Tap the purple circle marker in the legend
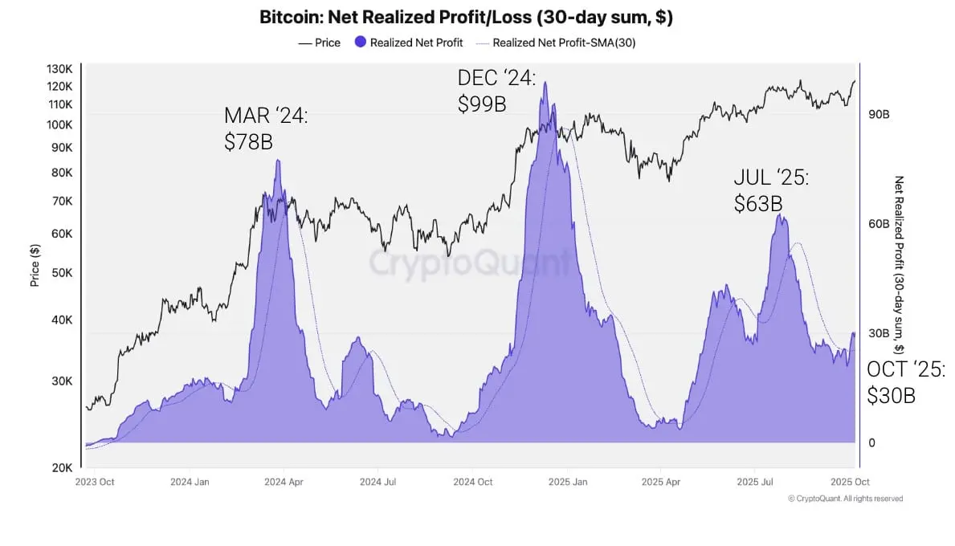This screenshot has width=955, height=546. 361,43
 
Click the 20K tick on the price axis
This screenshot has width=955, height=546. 62,467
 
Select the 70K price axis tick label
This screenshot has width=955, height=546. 62,202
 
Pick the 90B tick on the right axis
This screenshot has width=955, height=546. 879,115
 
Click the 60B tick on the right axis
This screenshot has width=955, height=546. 879,224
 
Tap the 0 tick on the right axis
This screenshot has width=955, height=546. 872,442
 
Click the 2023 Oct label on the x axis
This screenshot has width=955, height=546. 94,482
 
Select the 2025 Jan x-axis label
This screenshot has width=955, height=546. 568,482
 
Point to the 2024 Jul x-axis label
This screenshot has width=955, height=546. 378,482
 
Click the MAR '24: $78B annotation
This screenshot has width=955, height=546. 266,128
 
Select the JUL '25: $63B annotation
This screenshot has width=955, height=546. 771,190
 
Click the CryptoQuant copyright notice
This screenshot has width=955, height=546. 845,499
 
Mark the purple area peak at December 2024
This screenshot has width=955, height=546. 545,83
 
